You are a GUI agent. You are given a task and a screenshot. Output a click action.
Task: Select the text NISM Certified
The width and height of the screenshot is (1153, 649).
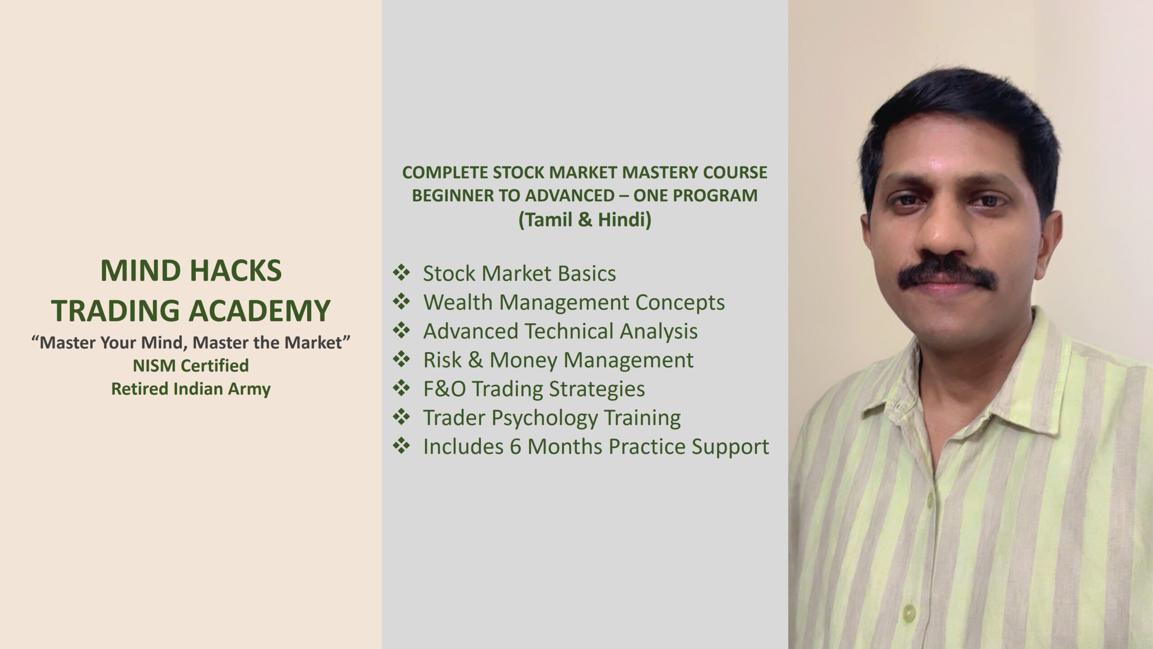click(191, 366)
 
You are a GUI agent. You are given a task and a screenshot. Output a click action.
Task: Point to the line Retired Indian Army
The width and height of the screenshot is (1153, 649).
click(191, 389)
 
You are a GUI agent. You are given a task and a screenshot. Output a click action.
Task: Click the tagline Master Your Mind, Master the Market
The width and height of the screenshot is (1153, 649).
click(191, 343)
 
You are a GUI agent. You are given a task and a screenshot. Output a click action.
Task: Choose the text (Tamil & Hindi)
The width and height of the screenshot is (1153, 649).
click(585, 220)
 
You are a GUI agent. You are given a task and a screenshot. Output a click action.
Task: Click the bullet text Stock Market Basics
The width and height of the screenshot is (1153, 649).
click(519, 274)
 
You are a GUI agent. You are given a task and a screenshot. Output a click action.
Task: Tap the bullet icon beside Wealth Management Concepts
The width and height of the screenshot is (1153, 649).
click(401, 302)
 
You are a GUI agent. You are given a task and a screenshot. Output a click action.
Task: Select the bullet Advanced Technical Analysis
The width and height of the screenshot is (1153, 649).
click(560, 331)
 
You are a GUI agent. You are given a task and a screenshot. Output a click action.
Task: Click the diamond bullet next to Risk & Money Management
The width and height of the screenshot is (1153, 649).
click(401, 359)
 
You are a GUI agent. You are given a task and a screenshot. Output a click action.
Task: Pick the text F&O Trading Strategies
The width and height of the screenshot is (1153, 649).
click(534, 389)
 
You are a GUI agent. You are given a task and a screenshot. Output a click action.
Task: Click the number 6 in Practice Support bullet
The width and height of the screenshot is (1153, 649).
click(516, 447)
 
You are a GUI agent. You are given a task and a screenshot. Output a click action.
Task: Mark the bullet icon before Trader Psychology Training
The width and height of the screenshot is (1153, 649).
click(401, 417)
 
